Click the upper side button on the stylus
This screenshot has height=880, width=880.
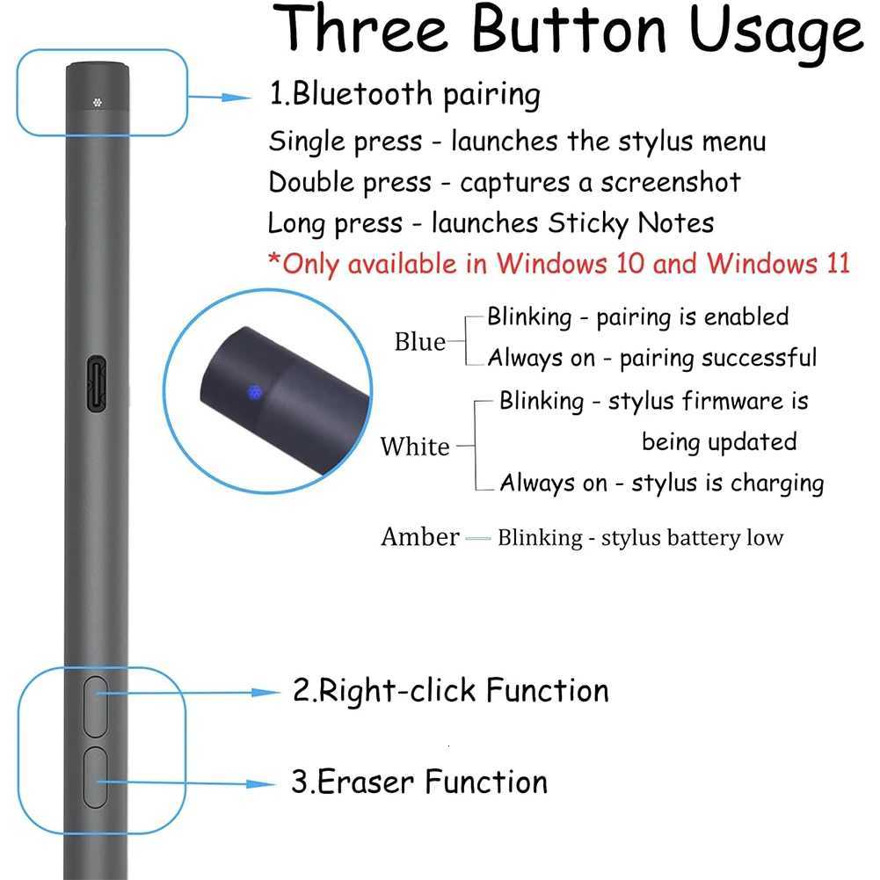(95, 706)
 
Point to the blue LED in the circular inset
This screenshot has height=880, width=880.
(255, 390)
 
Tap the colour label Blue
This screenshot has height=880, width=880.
(420, 342)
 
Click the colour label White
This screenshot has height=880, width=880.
(415, 447)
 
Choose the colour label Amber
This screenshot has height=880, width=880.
(420, 536)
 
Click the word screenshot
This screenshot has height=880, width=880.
(671, 182)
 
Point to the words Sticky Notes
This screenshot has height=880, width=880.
(631, 222)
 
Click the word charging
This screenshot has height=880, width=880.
(776, 484)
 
